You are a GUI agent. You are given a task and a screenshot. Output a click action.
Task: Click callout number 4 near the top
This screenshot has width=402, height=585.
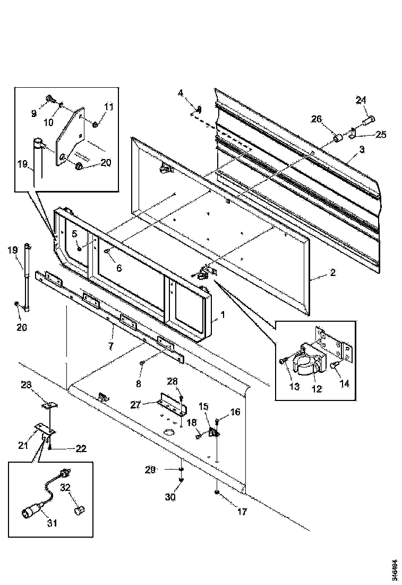point(181,93)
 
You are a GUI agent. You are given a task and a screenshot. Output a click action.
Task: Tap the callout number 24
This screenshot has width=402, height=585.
point(361,101)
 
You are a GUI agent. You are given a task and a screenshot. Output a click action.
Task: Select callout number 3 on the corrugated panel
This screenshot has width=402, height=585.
point(362,149)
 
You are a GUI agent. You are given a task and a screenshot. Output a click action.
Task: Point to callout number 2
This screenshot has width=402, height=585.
point(333,273)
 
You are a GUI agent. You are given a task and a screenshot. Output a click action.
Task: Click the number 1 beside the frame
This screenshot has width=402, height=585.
point(223,315)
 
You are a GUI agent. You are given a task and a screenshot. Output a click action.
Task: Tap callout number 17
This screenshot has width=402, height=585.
point(243,513)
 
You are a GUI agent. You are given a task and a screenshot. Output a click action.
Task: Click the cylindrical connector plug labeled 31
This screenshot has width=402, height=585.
point(31,512)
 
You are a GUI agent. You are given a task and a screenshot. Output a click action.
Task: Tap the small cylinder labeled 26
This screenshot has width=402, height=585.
point(336,138)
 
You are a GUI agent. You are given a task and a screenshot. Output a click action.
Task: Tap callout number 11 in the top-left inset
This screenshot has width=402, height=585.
point(108,107)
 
